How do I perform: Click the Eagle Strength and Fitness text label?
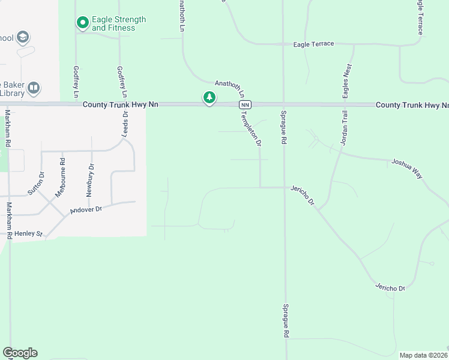[119, 24]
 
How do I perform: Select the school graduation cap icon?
[23, 38]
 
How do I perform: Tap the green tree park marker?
[209, 98]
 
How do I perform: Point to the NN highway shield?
[244, 104]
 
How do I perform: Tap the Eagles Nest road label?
[346, 81]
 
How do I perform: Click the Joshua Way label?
[407, 169]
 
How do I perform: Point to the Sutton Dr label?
[36, 184]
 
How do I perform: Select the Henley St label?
[28, 233]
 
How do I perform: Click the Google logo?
[20, 353]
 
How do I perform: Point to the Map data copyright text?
[424, 355]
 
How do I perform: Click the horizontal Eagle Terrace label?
[313, 44]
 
